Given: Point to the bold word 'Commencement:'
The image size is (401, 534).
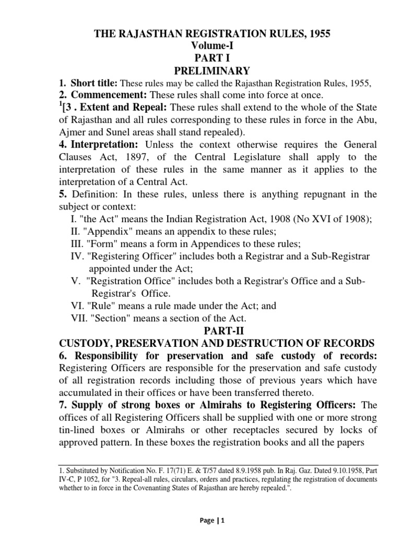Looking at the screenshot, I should (109, 95).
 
